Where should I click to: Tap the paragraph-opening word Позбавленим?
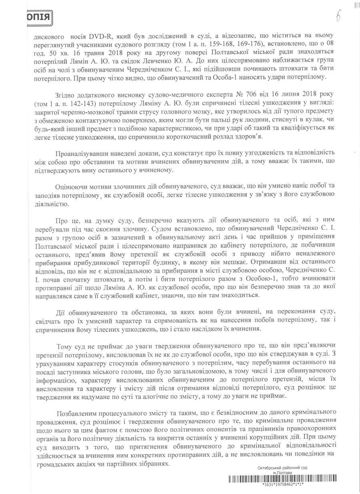pos(78,412)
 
